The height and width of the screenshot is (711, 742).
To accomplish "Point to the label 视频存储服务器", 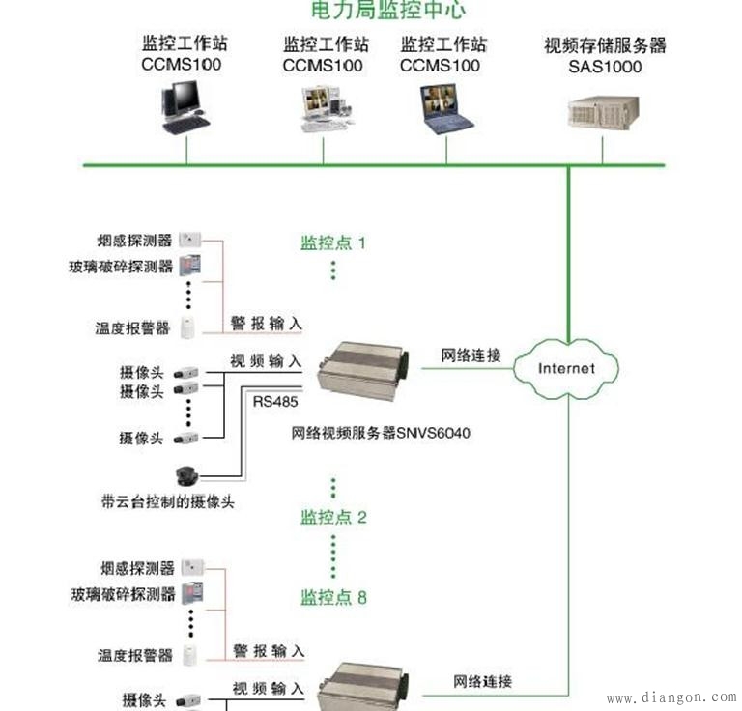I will [x=605, y=45].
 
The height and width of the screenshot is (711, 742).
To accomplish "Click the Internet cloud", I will [x=567, y=368].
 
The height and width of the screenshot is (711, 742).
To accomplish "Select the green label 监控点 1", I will [x=333, y=242].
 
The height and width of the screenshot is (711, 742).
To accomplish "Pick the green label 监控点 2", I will [x=333, y=517].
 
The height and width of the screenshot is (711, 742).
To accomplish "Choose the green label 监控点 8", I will [x=333, y=597].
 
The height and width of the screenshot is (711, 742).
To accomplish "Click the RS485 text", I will [x=275, y=400].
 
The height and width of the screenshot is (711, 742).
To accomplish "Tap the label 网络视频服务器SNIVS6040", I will [x=381, y=433].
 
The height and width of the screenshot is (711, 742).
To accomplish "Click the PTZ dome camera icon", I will [x=185, y=475].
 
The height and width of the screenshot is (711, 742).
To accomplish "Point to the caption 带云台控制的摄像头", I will [x=168, y=501].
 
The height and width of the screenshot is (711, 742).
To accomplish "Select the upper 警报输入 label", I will [x=266, y=323].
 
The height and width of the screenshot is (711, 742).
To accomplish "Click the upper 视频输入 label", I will [x=266, y=360].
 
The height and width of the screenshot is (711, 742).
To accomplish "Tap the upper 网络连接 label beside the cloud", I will [x=471, y=355].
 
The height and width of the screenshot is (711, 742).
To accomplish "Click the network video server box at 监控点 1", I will [x=359, y=371].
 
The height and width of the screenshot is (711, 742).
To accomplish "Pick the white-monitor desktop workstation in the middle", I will [x=323, y=109].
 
